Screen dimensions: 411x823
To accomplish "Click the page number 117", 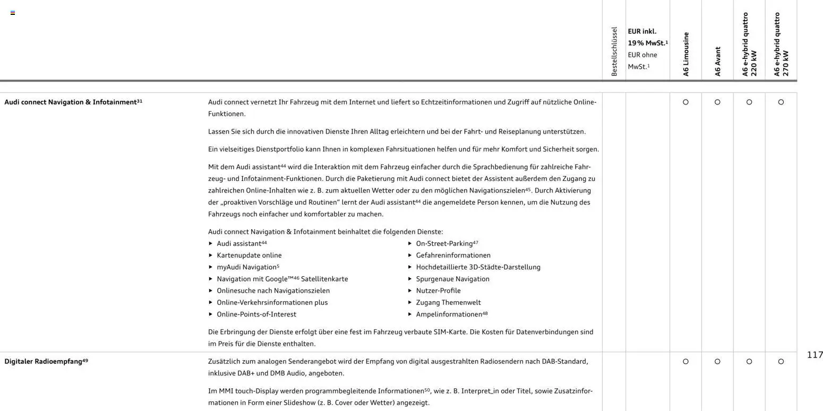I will click(815, 355).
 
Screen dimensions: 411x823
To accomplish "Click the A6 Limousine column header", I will click(685, 55).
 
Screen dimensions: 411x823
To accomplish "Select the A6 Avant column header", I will click(717, 62).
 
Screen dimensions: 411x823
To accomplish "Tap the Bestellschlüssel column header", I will click(614, 51).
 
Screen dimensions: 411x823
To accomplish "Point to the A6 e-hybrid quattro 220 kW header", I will click(749, 45).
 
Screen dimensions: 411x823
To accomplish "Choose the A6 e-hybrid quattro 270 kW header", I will click(781, 45).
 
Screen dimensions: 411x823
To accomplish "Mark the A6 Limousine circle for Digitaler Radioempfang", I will click(685, 362).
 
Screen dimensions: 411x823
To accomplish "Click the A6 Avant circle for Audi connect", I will click(717, 102).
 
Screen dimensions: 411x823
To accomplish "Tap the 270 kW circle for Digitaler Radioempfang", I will click(781, 362).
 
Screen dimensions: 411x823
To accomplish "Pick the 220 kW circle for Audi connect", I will click(749, 102).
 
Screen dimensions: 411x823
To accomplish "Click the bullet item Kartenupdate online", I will click(249, 255).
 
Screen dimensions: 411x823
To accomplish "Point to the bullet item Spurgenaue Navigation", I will click(452, 279).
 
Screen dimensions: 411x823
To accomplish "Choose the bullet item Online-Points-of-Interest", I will click(256, 314).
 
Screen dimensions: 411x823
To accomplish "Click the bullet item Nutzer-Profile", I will click(438, 291).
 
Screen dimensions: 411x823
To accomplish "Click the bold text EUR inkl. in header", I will click(642, 31).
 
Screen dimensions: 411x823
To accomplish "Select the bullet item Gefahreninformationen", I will click(453, 255).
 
